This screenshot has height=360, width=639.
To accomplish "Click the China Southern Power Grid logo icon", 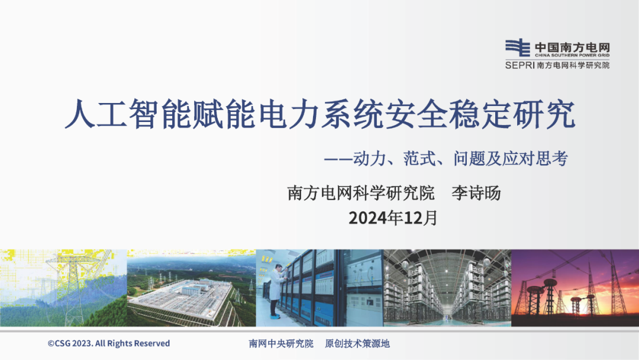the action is tap(518, 48).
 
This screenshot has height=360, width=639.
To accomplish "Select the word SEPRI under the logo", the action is tap(520, 65).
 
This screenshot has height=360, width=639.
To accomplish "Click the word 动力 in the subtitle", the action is tap(369, 159).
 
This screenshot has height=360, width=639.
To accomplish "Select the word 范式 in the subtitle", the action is tap(419, 159).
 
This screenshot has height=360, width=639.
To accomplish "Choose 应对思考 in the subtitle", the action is tap(535, 159).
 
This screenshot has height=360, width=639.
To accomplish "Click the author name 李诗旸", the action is tap(476, 193).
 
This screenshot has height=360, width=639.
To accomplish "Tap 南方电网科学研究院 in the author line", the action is tap(361, 193).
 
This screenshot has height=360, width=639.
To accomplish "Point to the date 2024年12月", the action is tap(393, 218).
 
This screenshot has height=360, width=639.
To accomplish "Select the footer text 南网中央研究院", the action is tap(281, 343).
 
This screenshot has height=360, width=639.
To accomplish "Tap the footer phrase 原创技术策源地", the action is tap(357, 343).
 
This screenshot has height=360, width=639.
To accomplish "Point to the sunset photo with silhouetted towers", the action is tap(575, 288).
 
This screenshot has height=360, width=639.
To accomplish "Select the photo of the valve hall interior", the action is tap(447, 288).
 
